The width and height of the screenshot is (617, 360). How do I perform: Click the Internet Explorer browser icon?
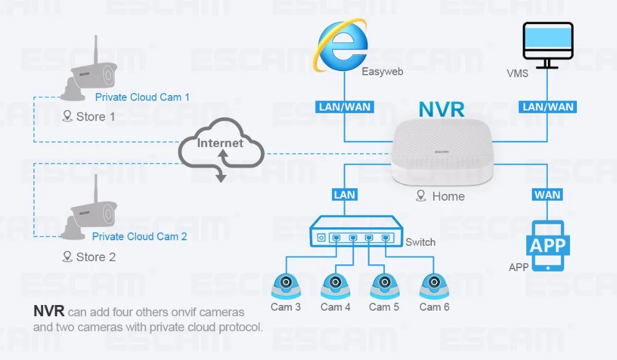[x=341, y=45]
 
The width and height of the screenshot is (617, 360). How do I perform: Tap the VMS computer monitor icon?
[x=548, y=45]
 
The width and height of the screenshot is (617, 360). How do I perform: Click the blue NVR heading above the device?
[x=442, y=109]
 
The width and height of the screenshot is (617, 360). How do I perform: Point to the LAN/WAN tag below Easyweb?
[x=345, y=107]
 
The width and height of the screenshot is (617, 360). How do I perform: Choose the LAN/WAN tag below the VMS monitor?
[x=548, y=107]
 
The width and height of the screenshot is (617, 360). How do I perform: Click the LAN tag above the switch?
[x=345, y=195]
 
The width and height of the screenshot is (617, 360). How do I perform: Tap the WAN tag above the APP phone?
[x=547, y=195]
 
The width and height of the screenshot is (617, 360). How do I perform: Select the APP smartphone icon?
[x=548, y=246]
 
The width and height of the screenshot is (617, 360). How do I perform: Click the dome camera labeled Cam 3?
[x=286, y=286]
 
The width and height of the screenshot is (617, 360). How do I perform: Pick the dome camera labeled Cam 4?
[x=335, y=286]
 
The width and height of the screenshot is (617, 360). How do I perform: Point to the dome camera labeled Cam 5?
[x=384, y=286]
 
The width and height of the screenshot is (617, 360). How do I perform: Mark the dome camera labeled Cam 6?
[x=434, y=286]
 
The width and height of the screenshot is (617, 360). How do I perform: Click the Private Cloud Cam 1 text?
[x=142, y=98]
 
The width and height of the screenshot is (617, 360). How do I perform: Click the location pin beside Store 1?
[x=67, y=116]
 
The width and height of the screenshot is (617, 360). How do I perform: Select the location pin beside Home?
[x=421, y=196]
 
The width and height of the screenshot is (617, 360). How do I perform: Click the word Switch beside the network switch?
[x=420, y=242]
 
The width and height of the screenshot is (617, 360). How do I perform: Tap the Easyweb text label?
[x=382, y=72]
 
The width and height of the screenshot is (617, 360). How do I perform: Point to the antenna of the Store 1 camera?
[x=96, y=49]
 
